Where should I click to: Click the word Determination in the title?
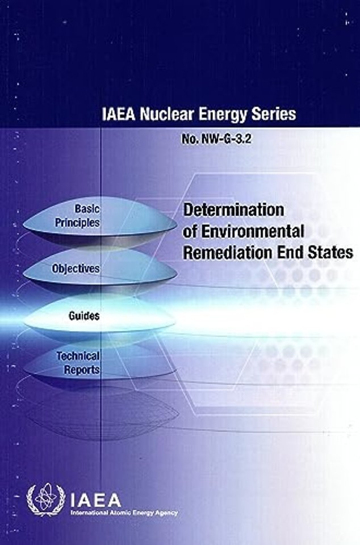click(x=233, y=209)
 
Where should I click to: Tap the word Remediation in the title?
click(x=226, y=253)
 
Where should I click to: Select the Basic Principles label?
click(x=77, y=216)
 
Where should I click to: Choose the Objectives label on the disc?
click(x=76, y=269)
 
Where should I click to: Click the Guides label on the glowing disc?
click(x=84, y=316)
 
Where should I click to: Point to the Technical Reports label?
click(x=78, y=363)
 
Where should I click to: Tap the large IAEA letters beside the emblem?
click(x=95, y=501)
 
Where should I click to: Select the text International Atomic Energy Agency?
click(x=124, y=513)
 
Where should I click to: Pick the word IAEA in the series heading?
click(x=119, y=114)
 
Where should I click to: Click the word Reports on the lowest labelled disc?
click(x=82, y=370)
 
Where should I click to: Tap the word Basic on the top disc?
click(x=87, y=208)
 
